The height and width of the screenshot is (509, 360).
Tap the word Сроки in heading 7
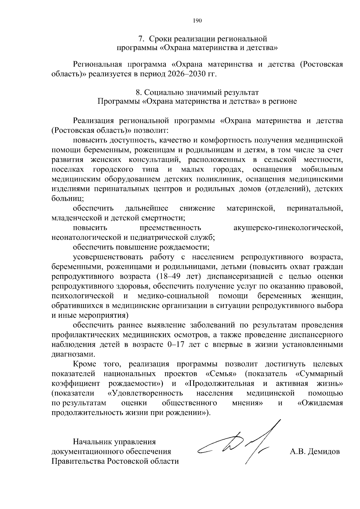click(x=161, y=39)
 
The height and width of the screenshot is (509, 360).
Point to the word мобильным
click(x=322, y=170)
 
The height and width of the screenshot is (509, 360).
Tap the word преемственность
click(x=170, y=228)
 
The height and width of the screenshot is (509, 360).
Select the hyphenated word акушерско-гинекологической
click(x=288, y=228)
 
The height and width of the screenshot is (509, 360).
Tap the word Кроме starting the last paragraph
click(x=85, y=364)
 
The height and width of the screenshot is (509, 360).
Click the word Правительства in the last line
click(x=79, y=461)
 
